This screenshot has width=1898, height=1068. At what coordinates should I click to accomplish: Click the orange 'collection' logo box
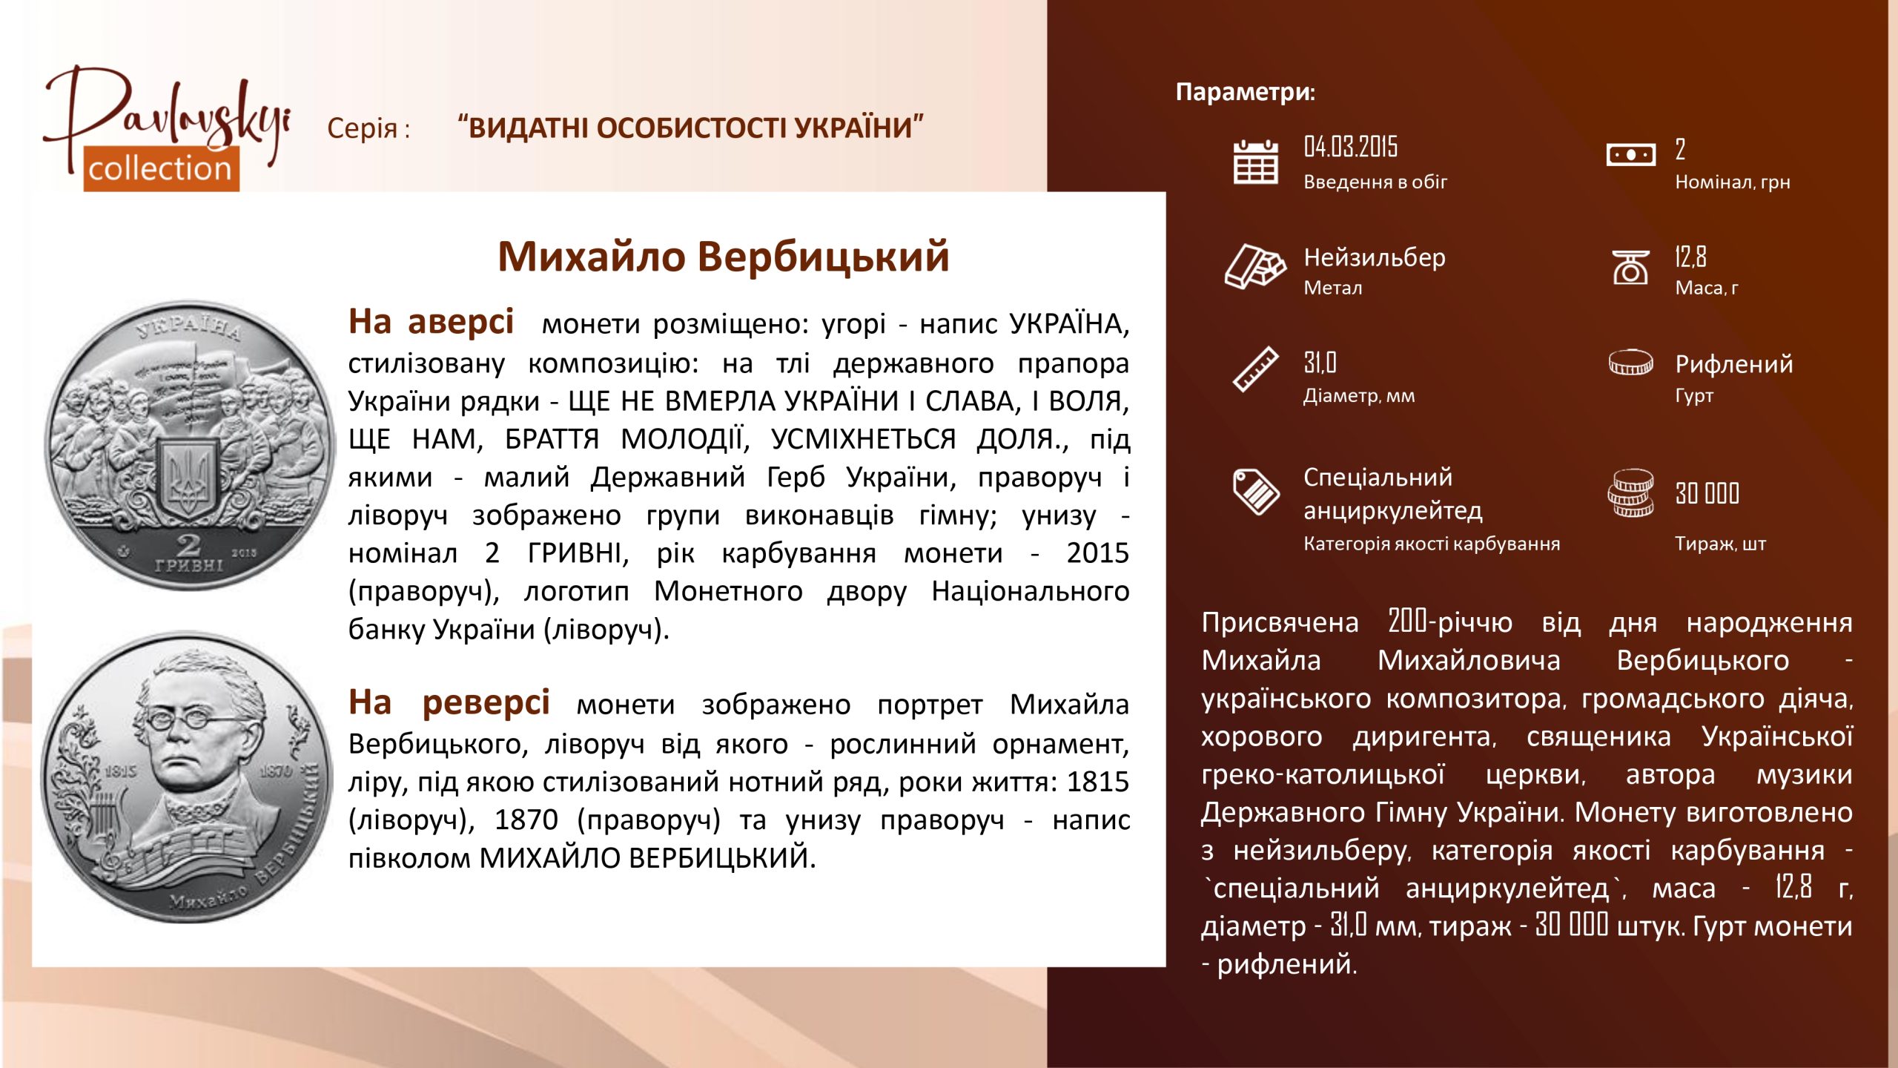pos(161,168)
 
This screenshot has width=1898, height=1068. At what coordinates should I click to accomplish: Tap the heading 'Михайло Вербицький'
pos(723,257)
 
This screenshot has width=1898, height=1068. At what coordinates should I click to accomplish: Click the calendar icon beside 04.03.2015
pos(1255,161)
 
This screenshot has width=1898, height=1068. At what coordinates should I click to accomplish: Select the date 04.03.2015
pos(1350,147)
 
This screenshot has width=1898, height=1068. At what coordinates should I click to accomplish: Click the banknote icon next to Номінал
pos(1630,155)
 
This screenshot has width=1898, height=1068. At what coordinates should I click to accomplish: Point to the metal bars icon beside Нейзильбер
pos(1254,266)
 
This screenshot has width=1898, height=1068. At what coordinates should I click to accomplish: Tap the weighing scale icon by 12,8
pos(1630,267)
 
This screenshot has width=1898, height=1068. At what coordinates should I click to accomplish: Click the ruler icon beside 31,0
pos(1255,369)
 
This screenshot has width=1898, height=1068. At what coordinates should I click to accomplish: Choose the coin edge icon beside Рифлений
pos(1630,363)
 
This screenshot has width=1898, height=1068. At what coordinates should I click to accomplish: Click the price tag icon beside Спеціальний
pos(1256,491)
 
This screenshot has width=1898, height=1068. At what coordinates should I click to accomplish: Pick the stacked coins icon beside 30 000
pos(1630,493)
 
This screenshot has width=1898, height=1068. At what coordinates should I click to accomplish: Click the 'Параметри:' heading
pos(1246,92)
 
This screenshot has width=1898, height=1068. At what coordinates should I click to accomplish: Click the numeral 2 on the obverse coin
pos(188,545)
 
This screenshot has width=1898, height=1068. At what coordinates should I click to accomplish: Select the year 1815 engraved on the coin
pos(120,771)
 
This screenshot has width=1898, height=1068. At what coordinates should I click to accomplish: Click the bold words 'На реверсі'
pos(449,702)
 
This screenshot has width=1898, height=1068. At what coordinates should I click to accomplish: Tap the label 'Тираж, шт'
pos(1720,544)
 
